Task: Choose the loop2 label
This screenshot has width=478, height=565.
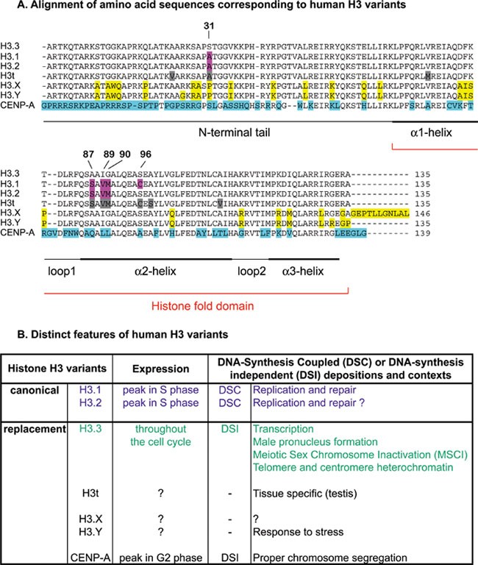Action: (251, 271)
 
